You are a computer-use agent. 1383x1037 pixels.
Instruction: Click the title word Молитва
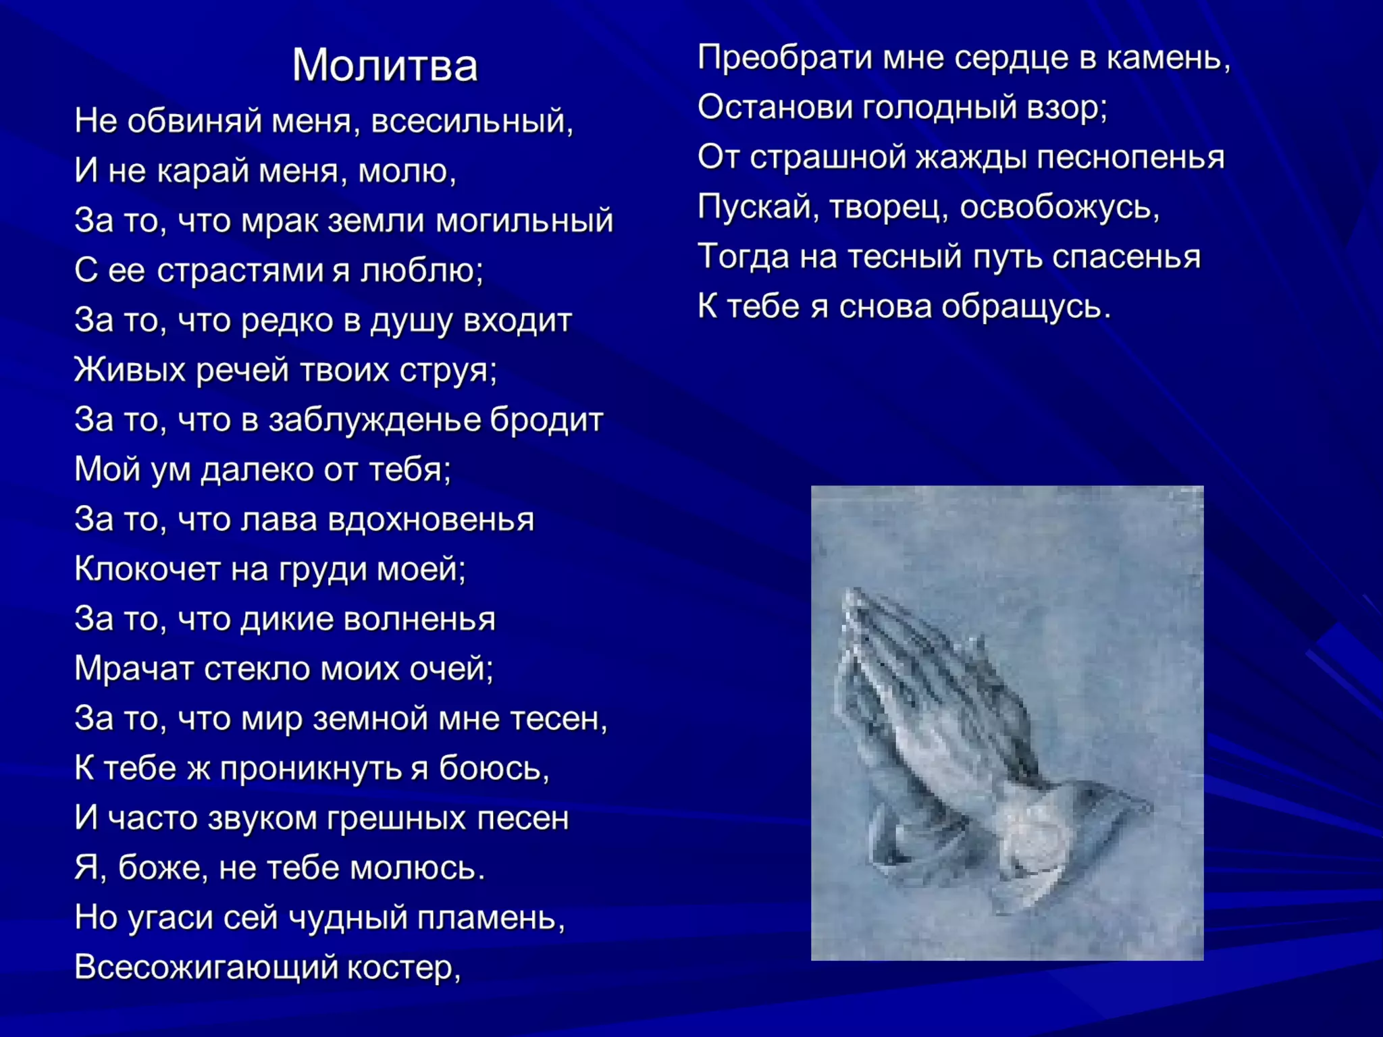(x=384, y=65)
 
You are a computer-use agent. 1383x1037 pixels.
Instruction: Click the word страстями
(x=243, y=271)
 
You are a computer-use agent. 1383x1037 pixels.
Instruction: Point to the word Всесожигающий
(x=206, y=967)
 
